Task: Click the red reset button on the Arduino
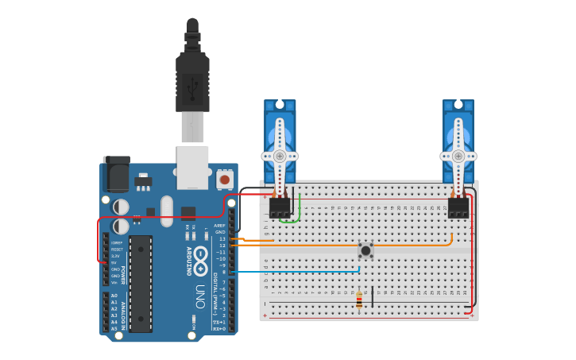(224, 180)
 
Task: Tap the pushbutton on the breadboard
(365, 251)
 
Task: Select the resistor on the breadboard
(359, 300)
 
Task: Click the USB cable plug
(192, 83)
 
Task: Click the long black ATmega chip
(141, 283)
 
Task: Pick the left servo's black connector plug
(280, 207)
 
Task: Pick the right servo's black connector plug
(458, 207)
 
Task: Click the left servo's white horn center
(280, 157)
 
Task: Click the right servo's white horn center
(458, 157)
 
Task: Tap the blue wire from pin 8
(302, 272)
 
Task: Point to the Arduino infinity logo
(200, 255)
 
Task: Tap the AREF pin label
(220, 225)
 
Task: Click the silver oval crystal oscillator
(166, 211)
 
